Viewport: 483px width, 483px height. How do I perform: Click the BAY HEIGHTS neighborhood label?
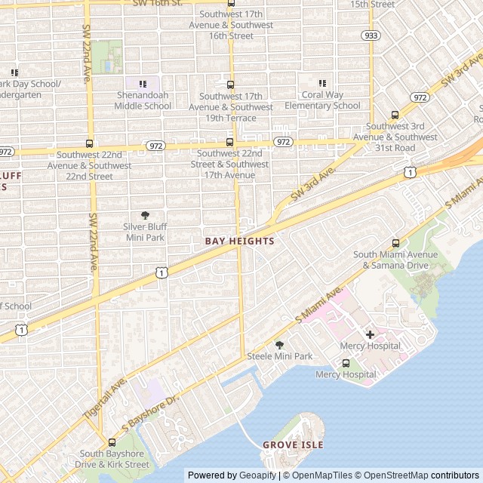239,240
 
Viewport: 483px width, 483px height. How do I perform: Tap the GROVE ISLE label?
293,445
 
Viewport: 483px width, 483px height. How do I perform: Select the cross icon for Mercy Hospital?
370,334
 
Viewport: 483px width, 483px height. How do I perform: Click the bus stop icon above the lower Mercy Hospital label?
346,363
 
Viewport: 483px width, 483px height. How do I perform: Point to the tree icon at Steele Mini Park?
279,345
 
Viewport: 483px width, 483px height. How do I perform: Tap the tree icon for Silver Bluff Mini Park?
145,215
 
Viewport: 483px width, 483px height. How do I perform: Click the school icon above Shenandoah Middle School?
143,84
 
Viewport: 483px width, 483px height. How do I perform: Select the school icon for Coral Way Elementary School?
322,84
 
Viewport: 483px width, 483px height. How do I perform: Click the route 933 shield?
371,35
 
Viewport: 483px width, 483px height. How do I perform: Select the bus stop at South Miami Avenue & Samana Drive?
395,243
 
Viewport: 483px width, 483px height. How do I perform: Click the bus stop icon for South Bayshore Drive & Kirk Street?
112,442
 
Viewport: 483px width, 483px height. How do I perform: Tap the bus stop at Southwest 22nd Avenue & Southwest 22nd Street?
90,143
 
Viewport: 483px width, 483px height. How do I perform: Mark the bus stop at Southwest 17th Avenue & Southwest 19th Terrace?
231,85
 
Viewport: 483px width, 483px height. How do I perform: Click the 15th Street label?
373,5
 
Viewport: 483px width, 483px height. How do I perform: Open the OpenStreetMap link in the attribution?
391,475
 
